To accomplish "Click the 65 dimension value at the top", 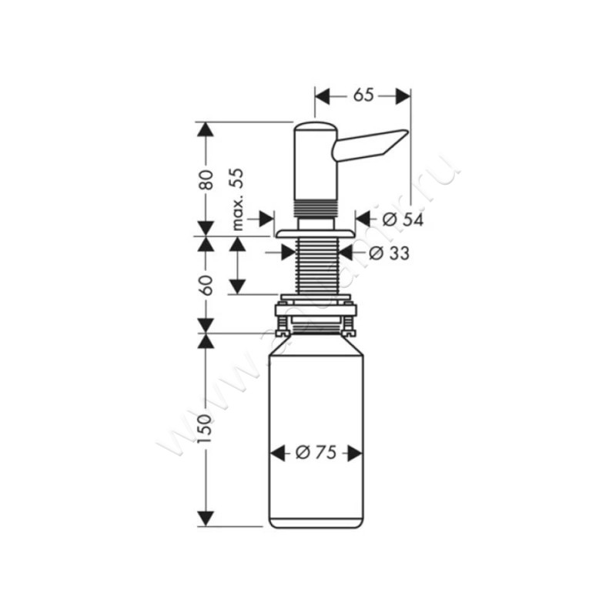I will pos(363,95).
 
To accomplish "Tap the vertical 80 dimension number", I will pos(206,180).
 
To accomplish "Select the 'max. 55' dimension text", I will pos(238,199).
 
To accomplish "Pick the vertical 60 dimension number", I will pos(206,284).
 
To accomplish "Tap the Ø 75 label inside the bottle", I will pos(316,454).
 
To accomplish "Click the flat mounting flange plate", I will pos(314,231).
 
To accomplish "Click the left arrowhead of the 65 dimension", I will pos(323,95).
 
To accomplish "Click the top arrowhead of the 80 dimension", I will pos(205,129).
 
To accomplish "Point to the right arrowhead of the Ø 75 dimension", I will pos(354,454).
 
